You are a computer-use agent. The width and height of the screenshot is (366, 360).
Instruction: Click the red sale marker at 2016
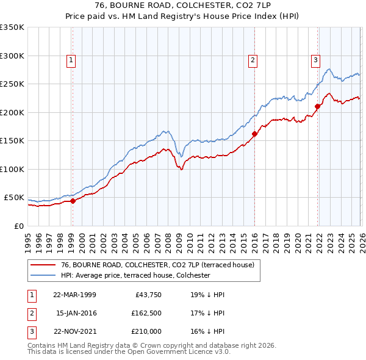click(x=254, y=134)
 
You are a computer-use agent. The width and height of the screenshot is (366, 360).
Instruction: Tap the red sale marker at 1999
click(x=73, y=201)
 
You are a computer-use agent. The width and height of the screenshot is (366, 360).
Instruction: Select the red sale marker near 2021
click(x=318, y=106)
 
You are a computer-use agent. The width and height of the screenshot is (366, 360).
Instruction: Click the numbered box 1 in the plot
click(x=72, y=60)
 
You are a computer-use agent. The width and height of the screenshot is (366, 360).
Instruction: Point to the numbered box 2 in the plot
click(x=253, y=60)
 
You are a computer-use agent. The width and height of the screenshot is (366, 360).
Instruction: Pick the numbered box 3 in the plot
click(x=315, y=60)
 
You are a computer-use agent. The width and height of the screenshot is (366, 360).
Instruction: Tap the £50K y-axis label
click(x=14, y=198)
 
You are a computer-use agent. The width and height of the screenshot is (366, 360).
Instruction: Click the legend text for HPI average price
click(x=135, y=275)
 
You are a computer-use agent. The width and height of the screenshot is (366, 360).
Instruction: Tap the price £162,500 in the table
click(x=146, y=314)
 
